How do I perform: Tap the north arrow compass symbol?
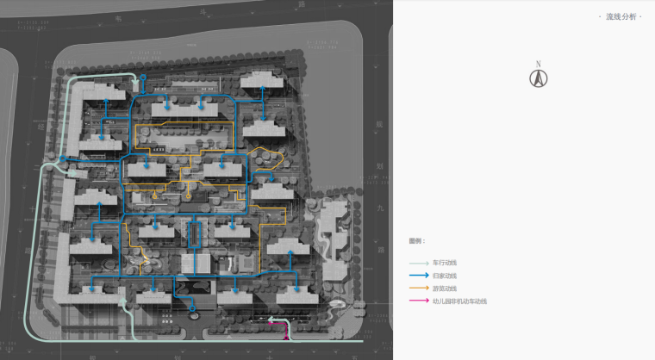tap(539, 78)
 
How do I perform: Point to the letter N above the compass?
tap(539, 64)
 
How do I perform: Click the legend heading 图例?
tap(417, 241)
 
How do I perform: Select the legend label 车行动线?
tap(445, 263)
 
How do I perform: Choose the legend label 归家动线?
tap(445, 276)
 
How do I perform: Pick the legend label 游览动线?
tap(445, 289)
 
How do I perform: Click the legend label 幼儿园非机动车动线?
tap(460, 301)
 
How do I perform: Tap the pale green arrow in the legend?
tap(419, 263)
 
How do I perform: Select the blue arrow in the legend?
tap(419, 276)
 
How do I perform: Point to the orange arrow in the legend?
tap(419, 289)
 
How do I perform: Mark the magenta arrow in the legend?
tap(419, 301)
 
